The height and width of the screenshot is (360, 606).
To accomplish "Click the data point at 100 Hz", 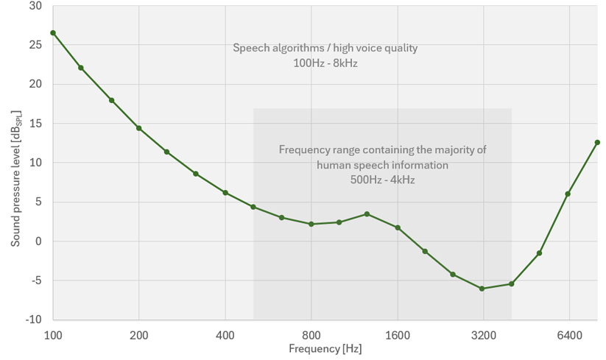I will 53,33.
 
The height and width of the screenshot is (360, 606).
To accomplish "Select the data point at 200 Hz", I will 138,128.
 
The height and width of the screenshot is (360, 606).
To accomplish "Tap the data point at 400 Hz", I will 225,193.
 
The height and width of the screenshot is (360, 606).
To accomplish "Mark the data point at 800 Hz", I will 311,224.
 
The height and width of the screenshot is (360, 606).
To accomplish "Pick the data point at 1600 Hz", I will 398,227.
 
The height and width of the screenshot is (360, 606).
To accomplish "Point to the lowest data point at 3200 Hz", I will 482,289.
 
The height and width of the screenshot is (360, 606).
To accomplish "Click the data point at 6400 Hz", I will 568,194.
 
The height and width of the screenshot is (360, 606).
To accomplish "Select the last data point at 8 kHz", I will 597,142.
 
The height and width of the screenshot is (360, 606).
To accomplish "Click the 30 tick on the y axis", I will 35,6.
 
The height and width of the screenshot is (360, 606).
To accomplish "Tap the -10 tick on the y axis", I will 33,320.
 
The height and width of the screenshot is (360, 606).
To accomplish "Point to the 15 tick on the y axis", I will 35,124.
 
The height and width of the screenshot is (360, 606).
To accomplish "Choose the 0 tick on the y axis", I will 38,241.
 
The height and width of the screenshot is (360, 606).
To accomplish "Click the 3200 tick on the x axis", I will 483,335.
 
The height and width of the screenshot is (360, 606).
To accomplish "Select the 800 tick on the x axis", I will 311,335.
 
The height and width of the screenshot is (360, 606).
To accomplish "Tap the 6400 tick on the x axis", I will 569,335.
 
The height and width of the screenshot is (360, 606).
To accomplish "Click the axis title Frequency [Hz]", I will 325,349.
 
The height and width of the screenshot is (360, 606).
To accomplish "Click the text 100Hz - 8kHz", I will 325,63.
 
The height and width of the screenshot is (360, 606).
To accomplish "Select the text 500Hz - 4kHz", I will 382,180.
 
